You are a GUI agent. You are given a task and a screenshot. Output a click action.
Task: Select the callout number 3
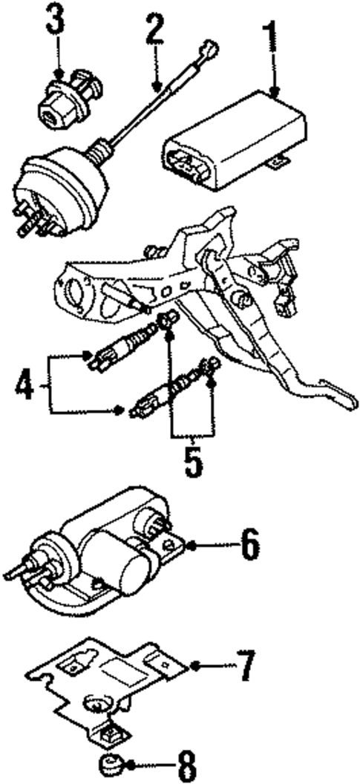click(56, 22)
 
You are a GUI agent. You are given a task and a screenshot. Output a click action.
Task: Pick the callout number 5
click(192, 460)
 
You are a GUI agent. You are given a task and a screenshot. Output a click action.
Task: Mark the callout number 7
click(245, 665)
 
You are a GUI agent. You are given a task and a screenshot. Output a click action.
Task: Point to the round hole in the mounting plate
click(97, 702)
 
